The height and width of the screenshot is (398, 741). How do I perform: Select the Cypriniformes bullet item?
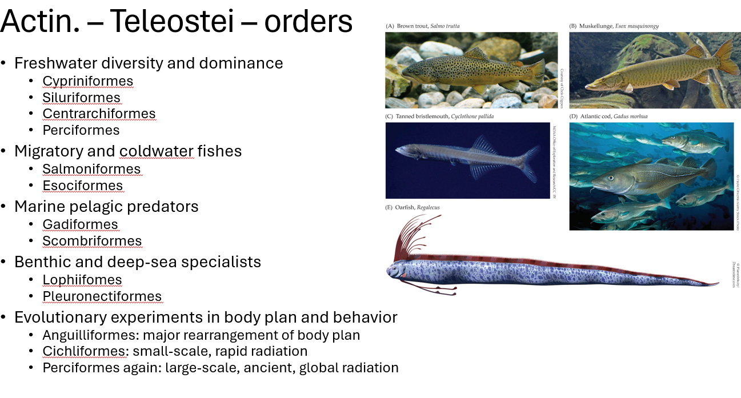pos(87,81)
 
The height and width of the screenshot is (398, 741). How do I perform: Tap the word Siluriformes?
pos(81,98)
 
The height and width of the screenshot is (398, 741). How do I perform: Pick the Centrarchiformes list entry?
pos(99,114)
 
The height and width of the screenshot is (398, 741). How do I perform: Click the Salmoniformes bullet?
pos(91,169)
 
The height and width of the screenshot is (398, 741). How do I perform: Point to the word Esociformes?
pos(82,186)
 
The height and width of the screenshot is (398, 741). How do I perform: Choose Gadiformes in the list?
pos(80,224)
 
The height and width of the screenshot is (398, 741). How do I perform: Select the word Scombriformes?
pos(92,241)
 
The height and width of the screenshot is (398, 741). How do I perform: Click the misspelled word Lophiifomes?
pos(82,280)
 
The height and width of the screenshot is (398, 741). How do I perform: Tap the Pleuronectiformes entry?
pos(102,296)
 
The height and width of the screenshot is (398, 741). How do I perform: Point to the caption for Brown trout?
pos(423,26)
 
